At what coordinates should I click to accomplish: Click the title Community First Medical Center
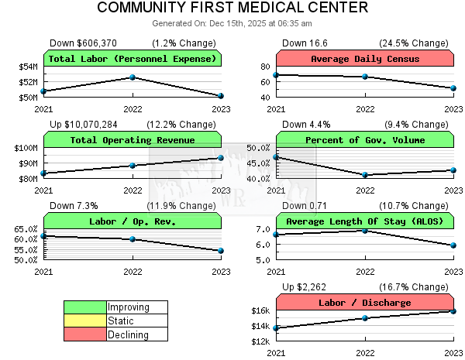point(232,9)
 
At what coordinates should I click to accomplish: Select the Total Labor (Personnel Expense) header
point(133,59)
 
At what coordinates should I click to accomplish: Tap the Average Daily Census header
point(365,59)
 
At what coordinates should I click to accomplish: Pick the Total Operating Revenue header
point(133,140)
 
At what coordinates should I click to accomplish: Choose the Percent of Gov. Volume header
point(365,140)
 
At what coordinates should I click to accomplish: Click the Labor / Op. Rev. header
point(133,221)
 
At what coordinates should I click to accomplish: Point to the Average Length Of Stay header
point(365,221)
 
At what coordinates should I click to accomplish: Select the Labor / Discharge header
point(365,303)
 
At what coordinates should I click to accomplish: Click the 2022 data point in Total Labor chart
point(133,77)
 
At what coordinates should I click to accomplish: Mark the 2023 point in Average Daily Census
point(453,88)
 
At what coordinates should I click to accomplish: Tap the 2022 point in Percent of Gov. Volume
point(365,175)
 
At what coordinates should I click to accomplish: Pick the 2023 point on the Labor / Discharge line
point(453,311)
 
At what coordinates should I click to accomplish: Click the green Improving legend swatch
point(84,307)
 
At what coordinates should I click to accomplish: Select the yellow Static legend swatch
point(84,321)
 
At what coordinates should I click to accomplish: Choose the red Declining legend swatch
point(84,335)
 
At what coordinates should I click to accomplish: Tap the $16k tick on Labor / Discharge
point(260,311)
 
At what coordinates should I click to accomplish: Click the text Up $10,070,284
point(84,124)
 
